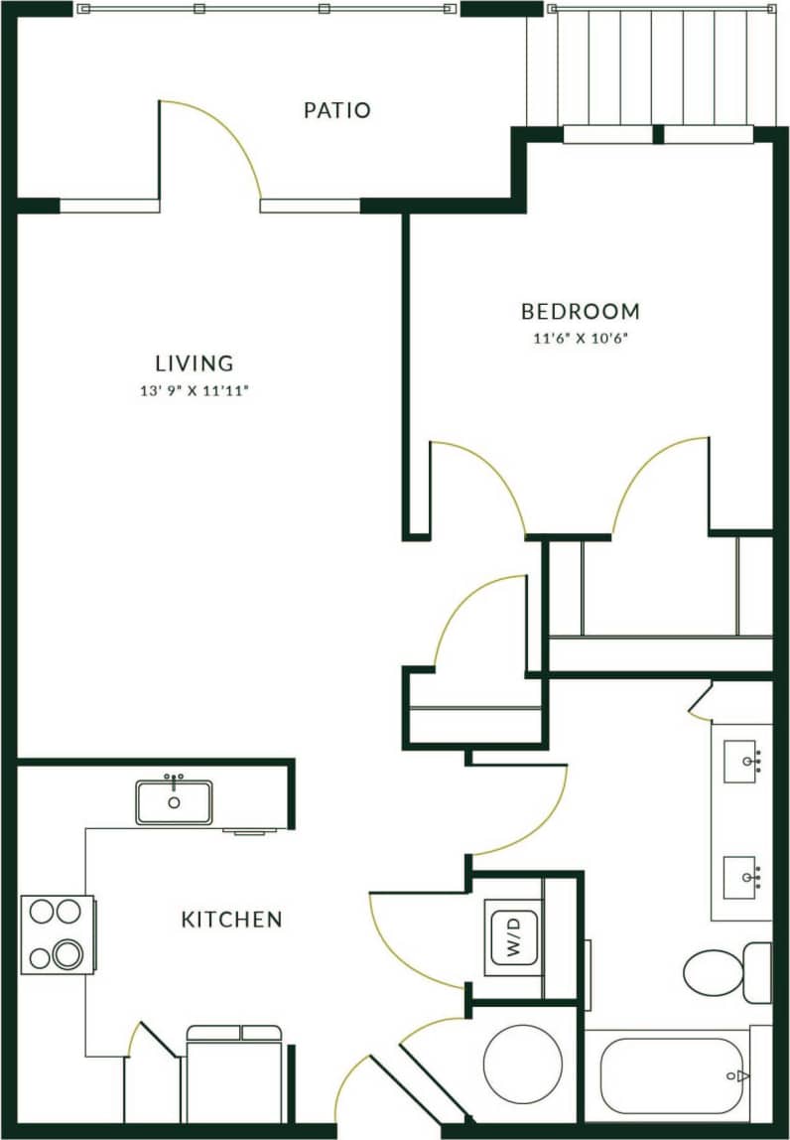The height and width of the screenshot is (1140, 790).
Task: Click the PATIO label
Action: [x=336, y=110]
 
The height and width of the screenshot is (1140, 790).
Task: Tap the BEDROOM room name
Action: [x=581, y=312]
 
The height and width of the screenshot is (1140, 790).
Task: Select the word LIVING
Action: [x=194, y=363]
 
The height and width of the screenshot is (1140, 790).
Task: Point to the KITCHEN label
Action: [x=231, y=920]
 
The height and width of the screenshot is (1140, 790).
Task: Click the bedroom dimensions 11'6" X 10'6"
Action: [x=581, y=339]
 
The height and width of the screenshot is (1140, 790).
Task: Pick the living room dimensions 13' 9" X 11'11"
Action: [x=194, y=391]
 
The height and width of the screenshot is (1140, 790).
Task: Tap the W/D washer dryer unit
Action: [x=513, y=934]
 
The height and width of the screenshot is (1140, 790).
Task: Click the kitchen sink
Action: [x=175, y=801]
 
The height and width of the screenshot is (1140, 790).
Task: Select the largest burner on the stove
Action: [x=68, y=954]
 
